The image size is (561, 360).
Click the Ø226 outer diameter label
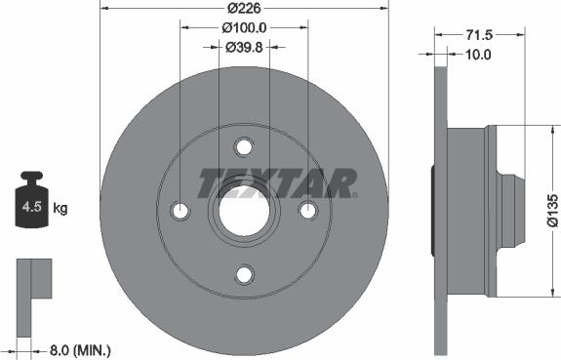pyautogui.click(x=244, y=10)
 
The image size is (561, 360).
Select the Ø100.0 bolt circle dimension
pyautogui.click(x=244, y=28)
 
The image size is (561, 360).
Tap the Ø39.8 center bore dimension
pyautogui.click(x=244, y=47)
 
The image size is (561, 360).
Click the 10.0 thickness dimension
pyautogui.click(x=477, y=55)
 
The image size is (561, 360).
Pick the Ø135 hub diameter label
pyautogui.click(x=552, y=209)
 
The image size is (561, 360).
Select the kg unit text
pyautogui.click(x=60, y=208)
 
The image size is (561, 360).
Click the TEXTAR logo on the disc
pyautogui.click(x=277, y=182)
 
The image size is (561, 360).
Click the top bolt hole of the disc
pyautogui.click(x=244, y=146)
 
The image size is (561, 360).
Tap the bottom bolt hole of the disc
pyautogui.click(x=244, y=276)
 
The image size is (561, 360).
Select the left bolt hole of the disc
pyautogui.click(x=180, y=212)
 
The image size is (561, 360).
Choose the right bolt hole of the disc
pyautogui.click(x=308, y=212)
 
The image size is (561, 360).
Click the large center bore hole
pyautogui.click(x=244, y=211)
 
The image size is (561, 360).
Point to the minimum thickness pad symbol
pyautogui.click(x=33, y=284)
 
